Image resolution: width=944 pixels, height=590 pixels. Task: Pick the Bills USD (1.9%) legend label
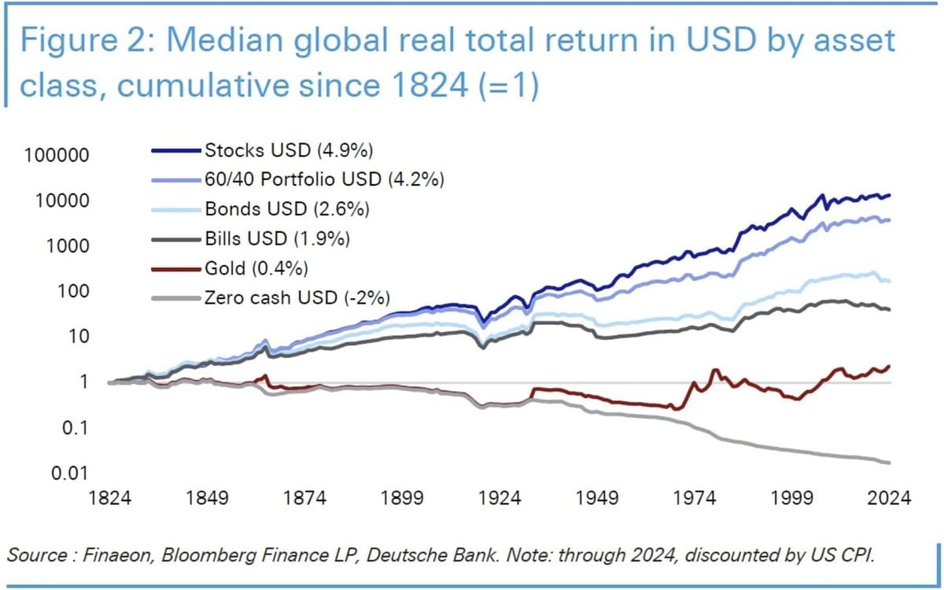click(x=277, y=238)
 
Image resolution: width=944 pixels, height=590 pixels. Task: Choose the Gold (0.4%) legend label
click(x=256, y=268)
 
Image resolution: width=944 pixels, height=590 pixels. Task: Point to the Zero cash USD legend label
click(x=297, y=298)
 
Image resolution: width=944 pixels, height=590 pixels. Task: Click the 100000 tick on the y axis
click(x=57, y=155)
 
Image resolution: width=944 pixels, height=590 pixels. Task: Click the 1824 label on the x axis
click(x=110, y=498)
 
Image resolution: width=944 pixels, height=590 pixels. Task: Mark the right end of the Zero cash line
click(x=890, y=463)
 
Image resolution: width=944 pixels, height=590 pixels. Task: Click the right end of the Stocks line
click(x=890, y=194)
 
